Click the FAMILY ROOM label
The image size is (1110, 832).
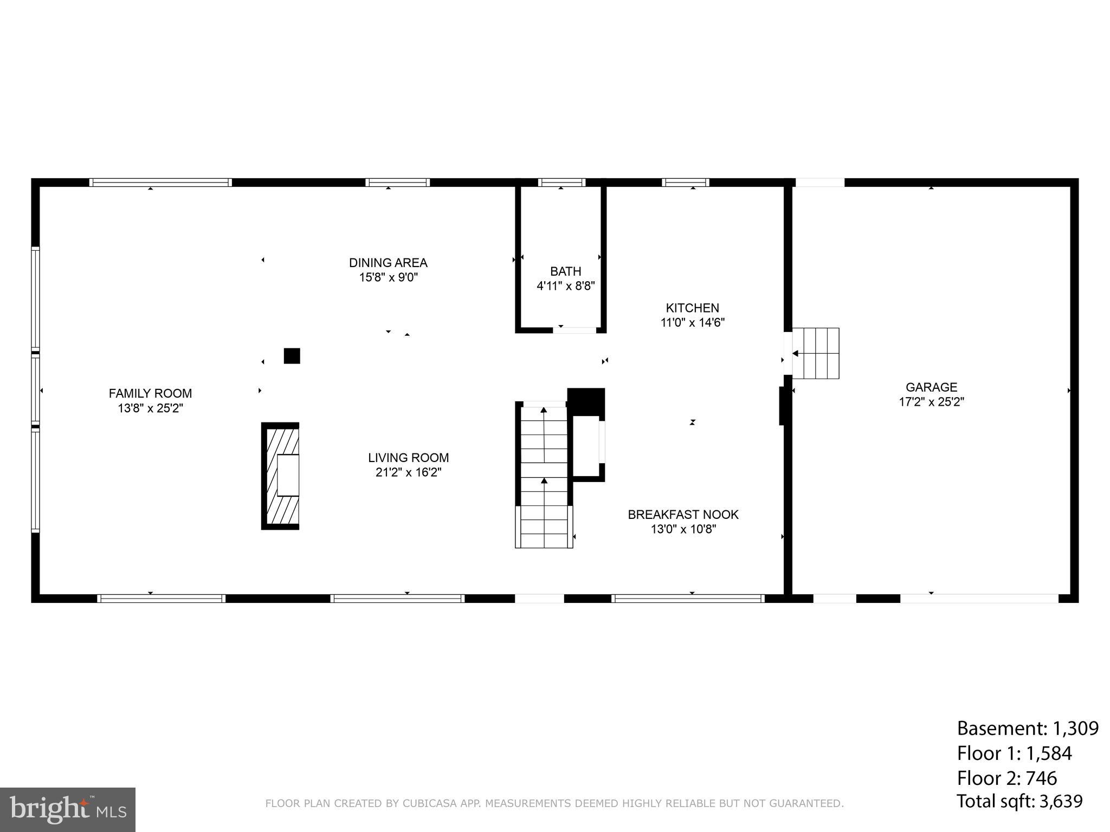150,393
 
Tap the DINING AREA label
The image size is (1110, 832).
388,263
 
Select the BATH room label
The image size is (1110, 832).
565,271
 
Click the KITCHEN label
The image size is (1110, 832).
692,308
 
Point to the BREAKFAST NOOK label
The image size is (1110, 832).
683,514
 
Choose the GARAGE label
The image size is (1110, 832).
931,387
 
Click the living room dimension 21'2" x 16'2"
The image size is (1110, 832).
408,472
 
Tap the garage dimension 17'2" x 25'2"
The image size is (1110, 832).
931,402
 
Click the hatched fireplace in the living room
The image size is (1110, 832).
281,476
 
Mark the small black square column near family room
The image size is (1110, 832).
292,356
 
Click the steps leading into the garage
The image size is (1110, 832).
816,353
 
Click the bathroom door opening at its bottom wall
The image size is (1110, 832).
575,329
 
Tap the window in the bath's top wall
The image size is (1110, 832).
562,183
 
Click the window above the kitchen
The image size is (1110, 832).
685,183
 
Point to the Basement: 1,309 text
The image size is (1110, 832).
1027,729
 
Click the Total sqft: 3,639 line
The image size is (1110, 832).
1019,801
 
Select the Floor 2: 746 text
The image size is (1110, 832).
1006,778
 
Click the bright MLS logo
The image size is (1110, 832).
68,809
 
